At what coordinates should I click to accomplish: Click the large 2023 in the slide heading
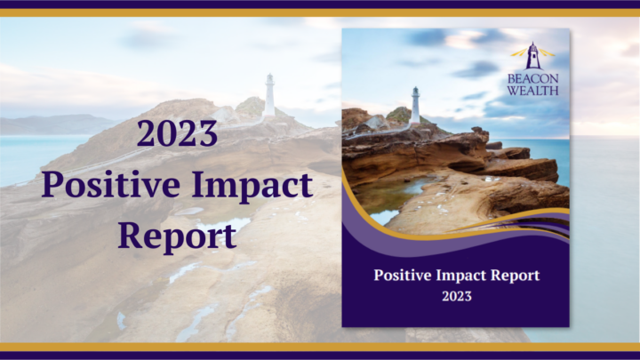pos(178,133)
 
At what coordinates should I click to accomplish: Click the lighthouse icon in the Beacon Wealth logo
pos(532,57)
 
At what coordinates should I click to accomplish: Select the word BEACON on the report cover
pos(532,78)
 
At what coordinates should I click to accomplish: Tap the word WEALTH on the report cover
pos(532,90)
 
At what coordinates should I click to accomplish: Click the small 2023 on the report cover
pos(456,296)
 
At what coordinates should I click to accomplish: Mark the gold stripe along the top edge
pos(320,12)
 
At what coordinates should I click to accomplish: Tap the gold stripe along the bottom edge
pos(320,347)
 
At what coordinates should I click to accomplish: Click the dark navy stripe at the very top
pos(320,4)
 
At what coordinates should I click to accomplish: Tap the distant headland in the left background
pos(44,124)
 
